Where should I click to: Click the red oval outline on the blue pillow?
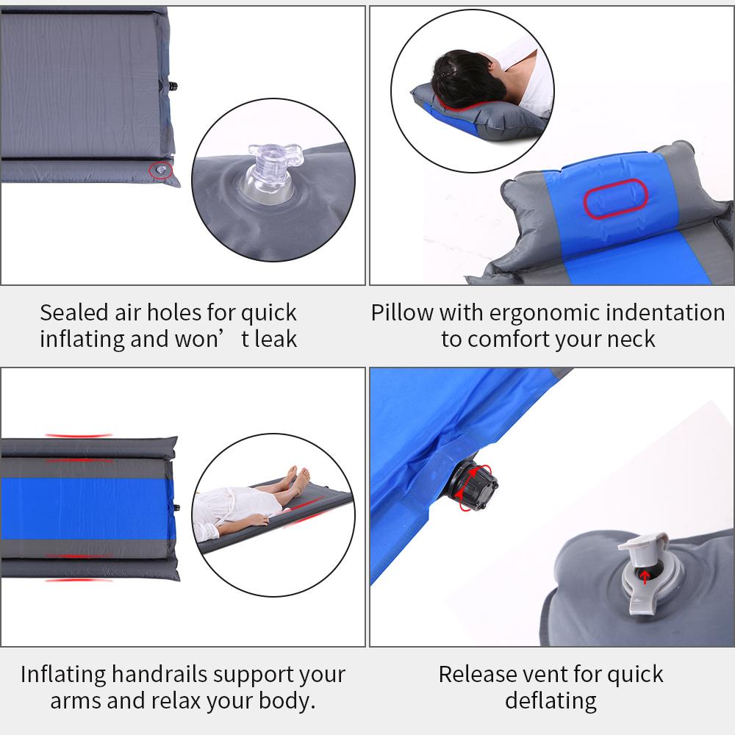[615, 198]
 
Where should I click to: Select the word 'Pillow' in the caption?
[402, 312]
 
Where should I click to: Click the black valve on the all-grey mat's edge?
[173, 86]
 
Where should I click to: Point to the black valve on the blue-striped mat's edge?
[176, 508]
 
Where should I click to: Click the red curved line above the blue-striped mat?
[79, 435]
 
